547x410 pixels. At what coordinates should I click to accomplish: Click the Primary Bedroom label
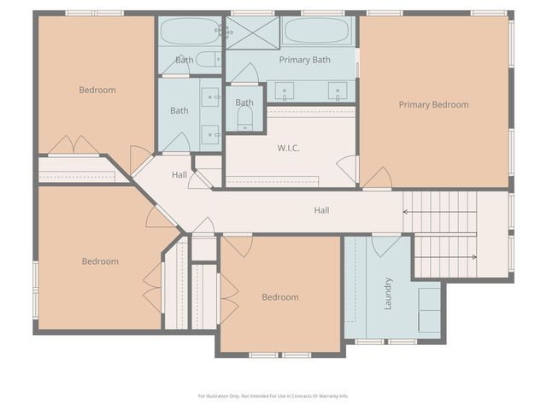433,104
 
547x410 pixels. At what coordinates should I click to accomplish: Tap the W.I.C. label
289,148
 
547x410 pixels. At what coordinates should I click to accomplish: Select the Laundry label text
388,294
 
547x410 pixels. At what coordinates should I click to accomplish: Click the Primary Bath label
304,60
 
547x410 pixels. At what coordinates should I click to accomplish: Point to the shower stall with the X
253,32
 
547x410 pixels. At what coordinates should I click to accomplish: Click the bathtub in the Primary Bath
317,31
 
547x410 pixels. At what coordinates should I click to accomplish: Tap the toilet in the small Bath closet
244,119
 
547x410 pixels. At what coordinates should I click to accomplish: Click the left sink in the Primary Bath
285,91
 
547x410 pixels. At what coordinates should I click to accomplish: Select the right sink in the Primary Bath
338,91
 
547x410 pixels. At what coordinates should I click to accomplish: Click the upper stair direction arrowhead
405,212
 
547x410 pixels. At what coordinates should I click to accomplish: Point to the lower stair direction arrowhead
474,257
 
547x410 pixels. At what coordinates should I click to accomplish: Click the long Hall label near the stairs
321,210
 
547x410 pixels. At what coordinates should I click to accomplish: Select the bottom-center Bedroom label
280,297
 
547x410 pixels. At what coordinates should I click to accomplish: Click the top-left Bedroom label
97,90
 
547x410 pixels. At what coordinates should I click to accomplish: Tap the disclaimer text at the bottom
273,396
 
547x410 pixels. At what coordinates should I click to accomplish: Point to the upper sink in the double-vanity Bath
210,97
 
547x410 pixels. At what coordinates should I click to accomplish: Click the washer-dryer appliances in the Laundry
429,310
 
